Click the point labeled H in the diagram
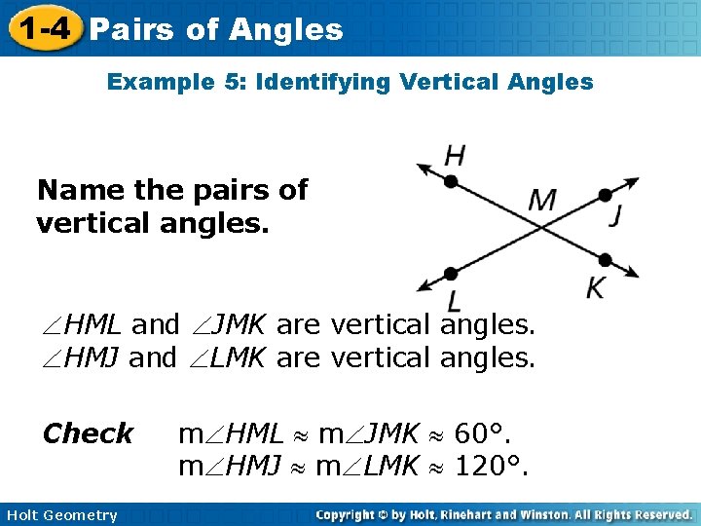451,181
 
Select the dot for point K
605,259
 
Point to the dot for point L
451,274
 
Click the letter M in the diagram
541,201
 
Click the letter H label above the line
454,155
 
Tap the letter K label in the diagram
596,287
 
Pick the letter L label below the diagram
454,301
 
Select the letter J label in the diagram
615,216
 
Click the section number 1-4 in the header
41,28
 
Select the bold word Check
88,433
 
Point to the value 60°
484,433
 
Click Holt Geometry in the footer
60,515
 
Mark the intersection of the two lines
542,227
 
